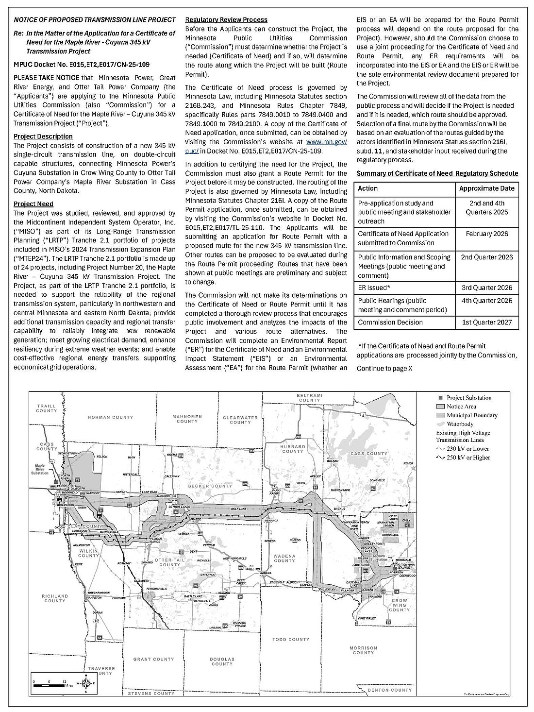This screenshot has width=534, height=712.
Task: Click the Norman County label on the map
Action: coord(110,417)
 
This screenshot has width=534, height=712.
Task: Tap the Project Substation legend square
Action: coord(441,398)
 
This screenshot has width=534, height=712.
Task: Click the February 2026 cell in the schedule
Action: coord(486,234)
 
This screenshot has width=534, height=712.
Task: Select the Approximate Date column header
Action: coord(486,188)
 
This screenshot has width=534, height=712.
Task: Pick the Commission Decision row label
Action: coord(390,322)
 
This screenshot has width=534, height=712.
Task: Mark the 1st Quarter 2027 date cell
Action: coord(486,322)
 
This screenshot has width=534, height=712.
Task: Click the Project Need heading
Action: coord(33,204)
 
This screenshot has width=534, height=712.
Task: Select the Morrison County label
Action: coord(363,650)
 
